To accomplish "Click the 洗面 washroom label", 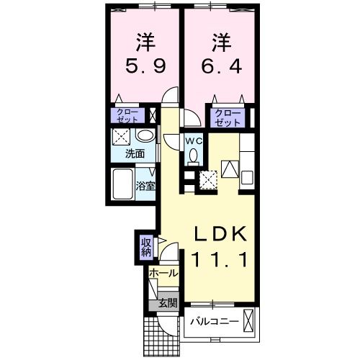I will click(x=135, y=153).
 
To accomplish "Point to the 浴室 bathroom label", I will click(x=146, y=186).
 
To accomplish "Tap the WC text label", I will click(x=194, y=141).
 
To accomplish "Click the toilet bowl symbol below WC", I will click(x=193, y=159).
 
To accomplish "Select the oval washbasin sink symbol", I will click(x=144, y=136).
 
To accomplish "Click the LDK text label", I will click(x=222, y=234).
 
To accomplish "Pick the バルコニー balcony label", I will click(x=214, y=321).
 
